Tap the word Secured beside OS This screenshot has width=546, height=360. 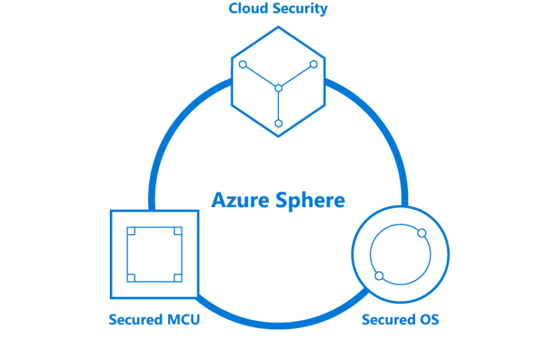[x=387, y=319]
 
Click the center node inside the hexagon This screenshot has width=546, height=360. [x=278, y=87]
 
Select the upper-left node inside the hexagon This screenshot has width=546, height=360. [x=242, y=65]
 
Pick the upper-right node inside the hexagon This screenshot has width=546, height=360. [x=314, y=64]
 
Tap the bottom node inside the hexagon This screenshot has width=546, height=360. [x=278, y=124]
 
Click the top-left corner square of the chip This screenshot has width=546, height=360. [x=131, y=231]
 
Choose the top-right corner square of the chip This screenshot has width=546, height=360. [x=177, y=231]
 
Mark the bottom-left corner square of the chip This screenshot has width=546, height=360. [x=131, y=277]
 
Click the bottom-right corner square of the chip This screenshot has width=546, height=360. [x=177, y=277]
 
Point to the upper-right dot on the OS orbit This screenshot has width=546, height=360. [x=422, y=234]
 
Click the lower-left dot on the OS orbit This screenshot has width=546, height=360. [x=379, y=276]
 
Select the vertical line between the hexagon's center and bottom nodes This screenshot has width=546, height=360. [x=278, y=106]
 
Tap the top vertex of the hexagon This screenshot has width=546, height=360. [x=278, y=27]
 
